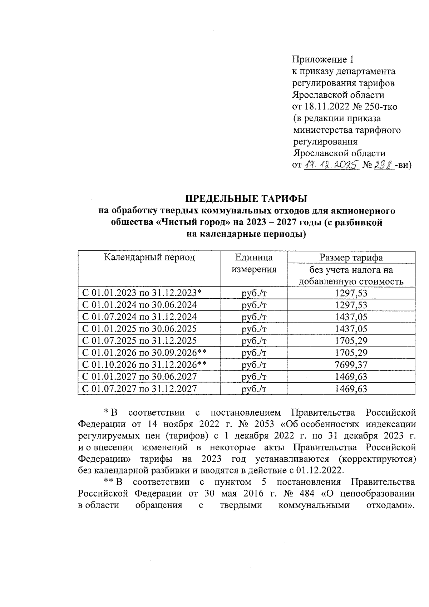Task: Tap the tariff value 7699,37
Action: click(351, 365)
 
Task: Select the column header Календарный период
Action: click(149, 257)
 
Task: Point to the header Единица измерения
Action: click(254, 263)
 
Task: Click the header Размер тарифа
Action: click(351, 257)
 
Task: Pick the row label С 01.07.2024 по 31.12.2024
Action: click(139, 317)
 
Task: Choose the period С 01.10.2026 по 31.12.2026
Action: click(144, 365)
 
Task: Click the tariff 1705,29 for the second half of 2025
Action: click(351, 341)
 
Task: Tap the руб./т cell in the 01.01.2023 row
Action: click(254, 293)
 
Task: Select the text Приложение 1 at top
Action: click(323, 59)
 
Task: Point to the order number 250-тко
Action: click(379, 107)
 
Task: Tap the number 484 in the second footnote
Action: click(305, 494)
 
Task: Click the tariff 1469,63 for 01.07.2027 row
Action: click(351, 389)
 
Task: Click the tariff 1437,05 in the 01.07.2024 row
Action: click(351, 317)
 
